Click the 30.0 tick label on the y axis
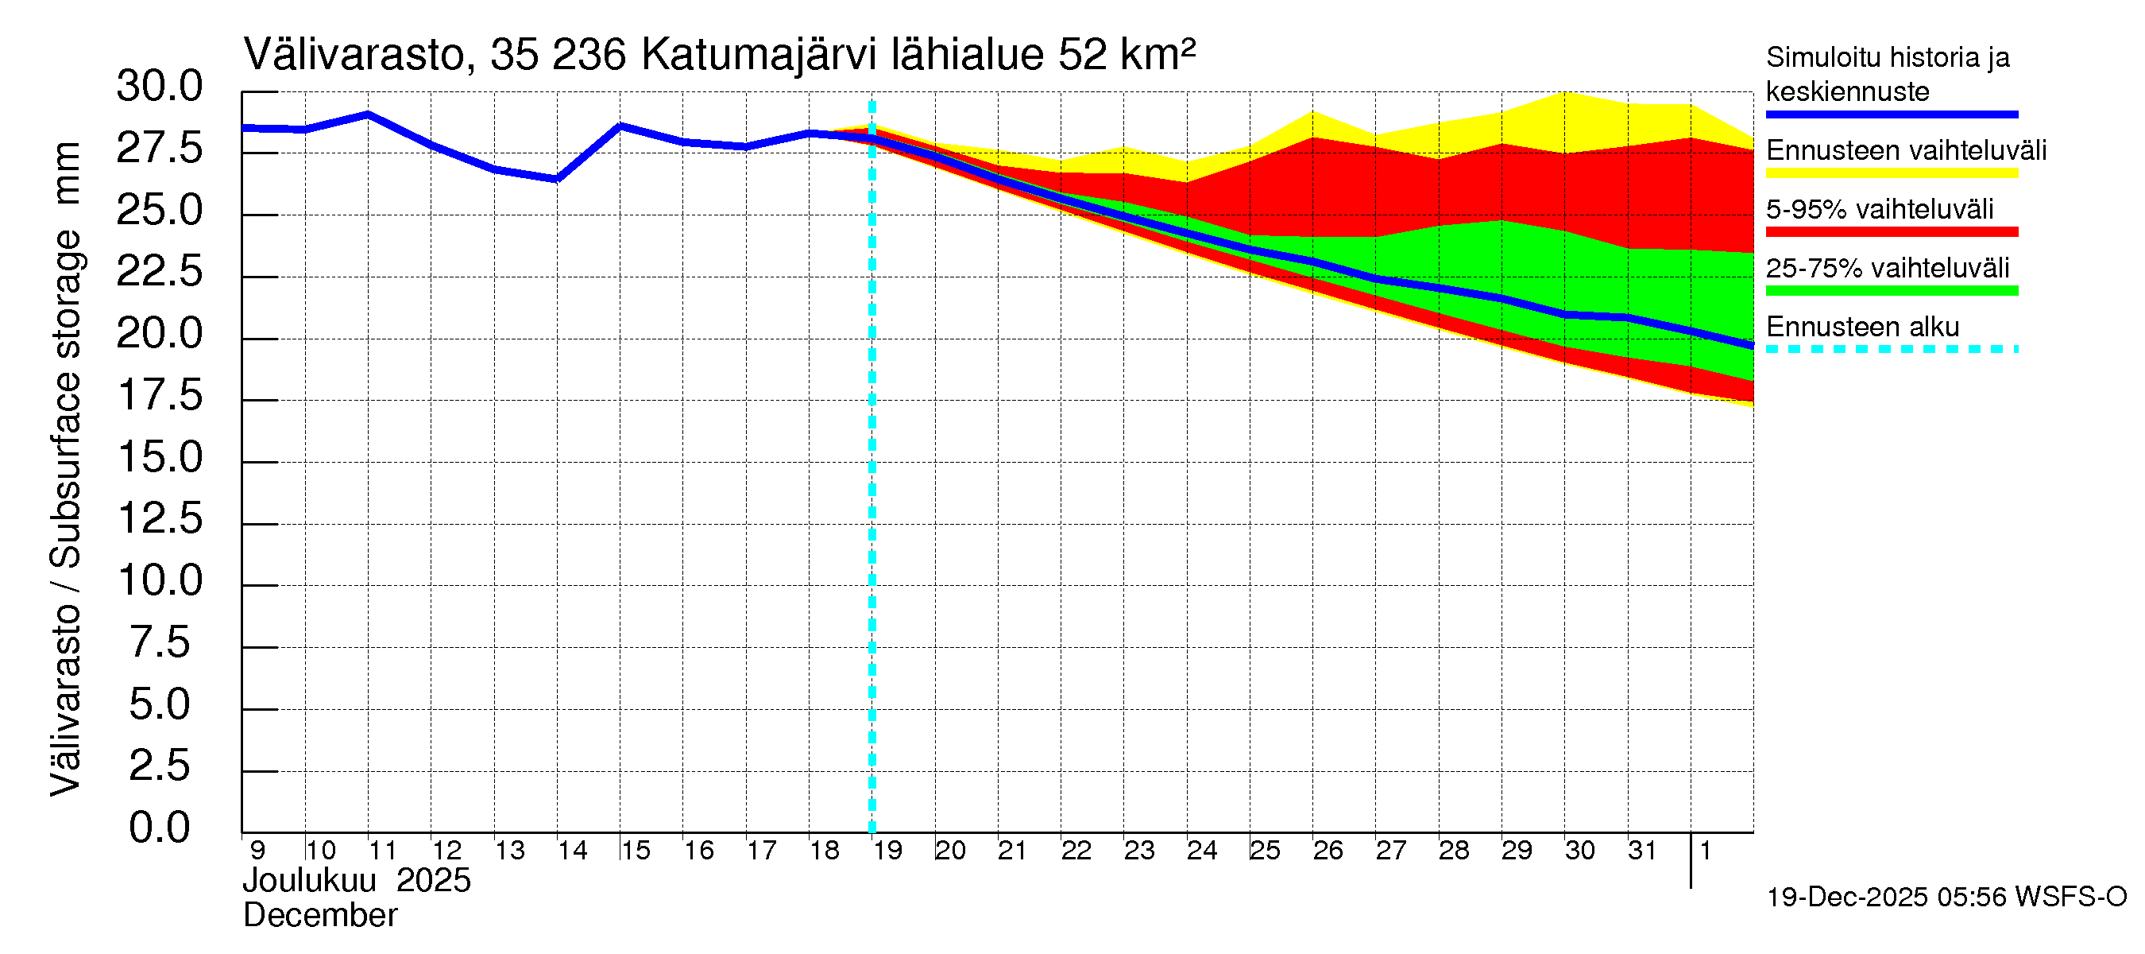[x=159, y=87]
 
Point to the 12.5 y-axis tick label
[x=160, y=519]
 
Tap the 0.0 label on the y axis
[x=159, y=828]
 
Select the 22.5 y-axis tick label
[x=159, y=272]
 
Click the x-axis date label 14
[x=572, y=851]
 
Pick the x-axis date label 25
[x=1264, y=851]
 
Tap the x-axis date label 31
[x=1642, y=851]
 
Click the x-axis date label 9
[x=257, y=851]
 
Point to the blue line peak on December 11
[x=368, y=114]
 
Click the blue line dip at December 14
[x=557, y=178]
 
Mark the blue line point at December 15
[x=620, y=126]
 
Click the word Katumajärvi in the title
[x=759, y=55]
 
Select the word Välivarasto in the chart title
[x=354, y=55]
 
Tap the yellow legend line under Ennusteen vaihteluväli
[x=1891, y=173]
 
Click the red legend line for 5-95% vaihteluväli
[x=1891, y=231]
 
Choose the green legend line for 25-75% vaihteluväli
[x=1891, y=291]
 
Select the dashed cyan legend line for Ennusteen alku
[x=1891, y=349]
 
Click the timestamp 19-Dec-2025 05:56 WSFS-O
[x=1946, y=898]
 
